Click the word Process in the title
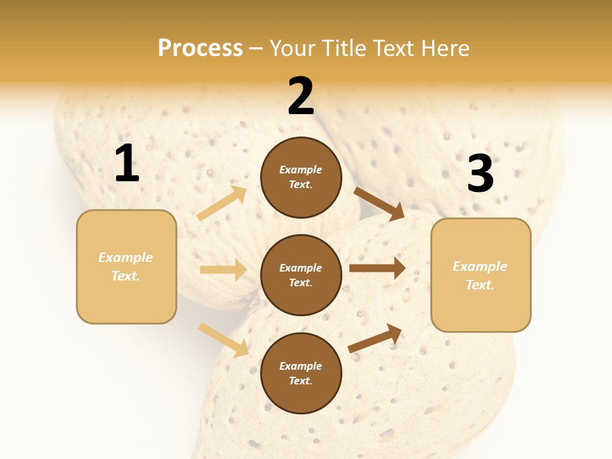pos(200,48)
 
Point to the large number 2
pos(301,96)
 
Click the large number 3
pos(480,174)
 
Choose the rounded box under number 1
pos(126,266)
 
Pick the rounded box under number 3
pos(481,275)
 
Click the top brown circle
pos(301,177)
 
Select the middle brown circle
pos(301,275)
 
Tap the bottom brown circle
pos(301,374)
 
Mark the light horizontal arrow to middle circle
pos(224,270)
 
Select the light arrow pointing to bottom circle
pos(224,340)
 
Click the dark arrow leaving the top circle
pos(379,203)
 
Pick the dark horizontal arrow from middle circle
pos(377,268)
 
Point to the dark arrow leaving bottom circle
pos(375,339)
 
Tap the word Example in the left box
pos(126,258)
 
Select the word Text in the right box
pos(479,285)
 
